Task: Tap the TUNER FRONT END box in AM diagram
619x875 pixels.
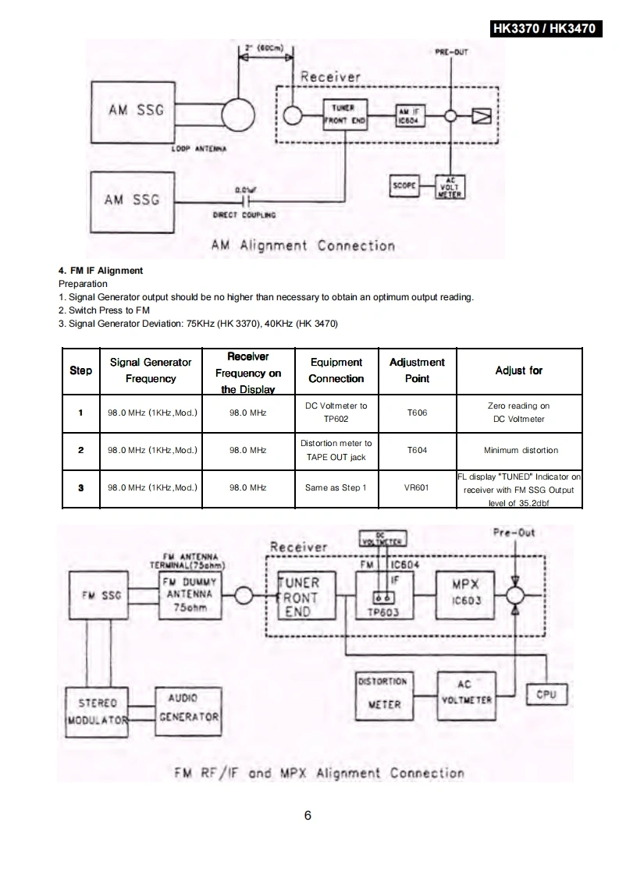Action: pyautogui.click(x=344, y=114)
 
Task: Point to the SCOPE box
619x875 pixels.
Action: pyautogui.click(x=404, y=186)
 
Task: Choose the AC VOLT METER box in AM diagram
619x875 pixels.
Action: pyautogui.click(x=450, y=186)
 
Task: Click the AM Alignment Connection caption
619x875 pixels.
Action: pyautogui.click(x=303, y=246)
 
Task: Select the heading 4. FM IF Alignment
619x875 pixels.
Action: pyautogui.click(x=101, y=271)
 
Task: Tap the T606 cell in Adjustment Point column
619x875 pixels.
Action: pyautogui.click(x=417, y=413)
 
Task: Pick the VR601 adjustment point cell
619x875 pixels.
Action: pyautogui.click(x=417, y=487)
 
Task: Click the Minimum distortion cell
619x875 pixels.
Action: pyautogui.click(x=519, y=450)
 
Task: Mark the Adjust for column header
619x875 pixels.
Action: pyautogui.click(x=519, y=370)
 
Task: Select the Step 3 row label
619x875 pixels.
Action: pyautogui.click(x=80, y=487)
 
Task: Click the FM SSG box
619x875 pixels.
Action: pyautogui.click(x=101, y=596)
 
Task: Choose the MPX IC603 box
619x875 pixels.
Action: pyautogui.click(x=465, y=593)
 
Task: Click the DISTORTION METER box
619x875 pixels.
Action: pyautogui.click(x=383, y=693)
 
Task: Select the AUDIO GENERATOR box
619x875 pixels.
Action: pyautogui.click(x=189, y=707)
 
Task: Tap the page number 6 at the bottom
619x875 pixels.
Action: pyautogui.click(x=308, y=816)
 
